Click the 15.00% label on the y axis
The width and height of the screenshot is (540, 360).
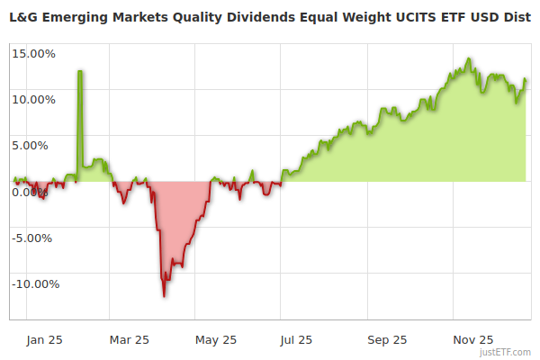coord(34,53)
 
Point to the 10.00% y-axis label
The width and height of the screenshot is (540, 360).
coord(34,99)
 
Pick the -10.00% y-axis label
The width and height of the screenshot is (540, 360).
coord(32,284)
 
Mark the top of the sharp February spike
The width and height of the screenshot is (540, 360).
coord(80,71)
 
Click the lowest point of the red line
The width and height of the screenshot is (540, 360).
coord(164,295)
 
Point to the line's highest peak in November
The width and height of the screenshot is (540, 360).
coord(469,59)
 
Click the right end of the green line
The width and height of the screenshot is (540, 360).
coord(526,80)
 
